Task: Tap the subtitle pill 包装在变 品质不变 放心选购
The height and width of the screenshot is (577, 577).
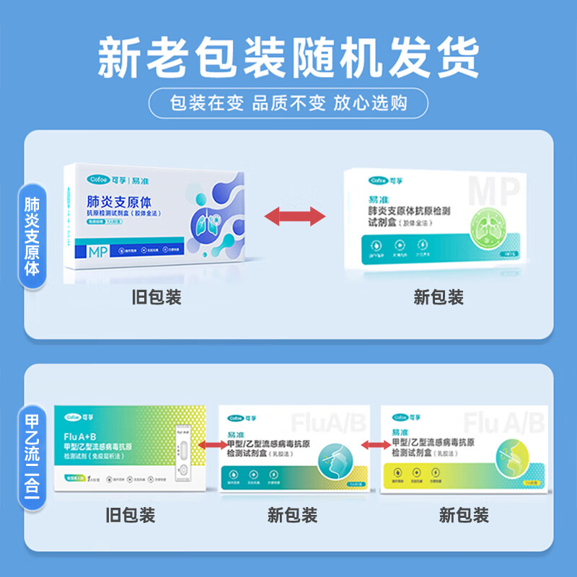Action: (288, 102)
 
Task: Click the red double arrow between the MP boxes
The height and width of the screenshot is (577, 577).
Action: (294, 214)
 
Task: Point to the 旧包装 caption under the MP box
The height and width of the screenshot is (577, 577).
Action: (157, 297)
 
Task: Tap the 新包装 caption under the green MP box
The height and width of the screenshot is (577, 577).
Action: (439, 297)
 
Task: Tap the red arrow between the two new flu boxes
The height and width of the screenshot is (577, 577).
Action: (375, 445)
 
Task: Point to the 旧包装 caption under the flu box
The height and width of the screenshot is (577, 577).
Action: (131, 515)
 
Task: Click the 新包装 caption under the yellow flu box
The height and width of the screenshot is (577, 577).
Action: (464, 515)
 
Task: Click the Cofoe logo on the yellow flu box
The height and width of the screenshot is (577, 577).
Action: (401, 418)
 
